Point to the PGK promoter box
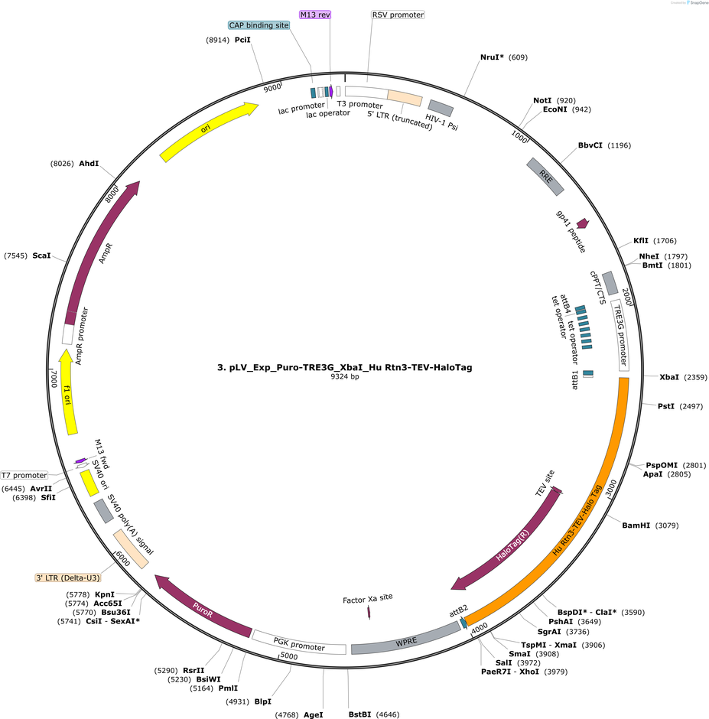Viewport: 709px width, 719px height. point(299,643)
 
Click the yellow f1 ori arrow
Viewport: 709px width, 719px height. point(68,392)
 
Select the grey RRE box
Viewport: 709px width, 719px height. point(545,177)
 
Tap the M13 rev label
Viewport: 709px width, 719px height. point(315,15)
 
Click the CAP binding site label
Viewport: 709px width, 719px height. point(259,25)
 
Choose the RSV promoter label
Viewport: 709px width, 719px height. point(398,15)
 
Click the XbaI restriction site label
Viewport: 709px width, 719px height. point(669,377)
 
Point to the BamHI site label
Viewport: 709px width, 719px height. point(636,525)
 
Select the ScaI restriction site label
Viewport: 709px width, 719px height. point(41,255)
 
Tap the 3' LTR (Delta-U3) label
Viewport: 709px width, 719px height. point(68,577)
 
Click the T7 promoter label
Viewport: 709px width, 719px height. point(24,476)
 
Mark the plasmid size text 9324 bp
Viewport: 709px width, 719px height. point(344,377)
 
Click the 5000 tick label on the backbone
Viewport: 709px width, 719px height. point(289,656)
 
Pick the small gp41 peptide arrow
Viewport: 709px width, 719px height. point(583,223)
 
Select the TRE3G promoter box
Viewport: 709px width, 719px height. point(620,338)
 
